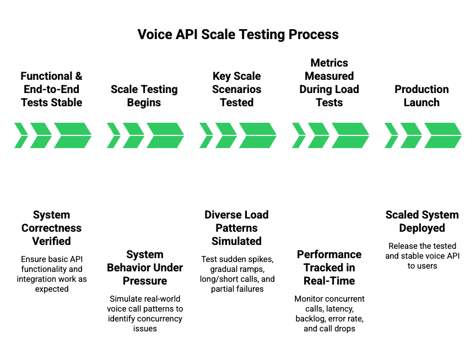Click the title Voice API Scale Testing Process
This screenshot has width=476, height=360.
point(238,34)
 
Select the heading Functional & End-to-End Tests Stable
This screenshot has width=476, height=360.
point(51,89)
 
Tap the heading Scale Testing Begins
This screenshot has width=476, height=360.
point(144,96)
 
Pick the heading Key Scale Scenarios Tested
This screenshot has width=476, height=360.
point(237,89)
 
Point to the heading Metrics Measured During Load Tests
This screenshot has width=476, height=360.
point(329,83)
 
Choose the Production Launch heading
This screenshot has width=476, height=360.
point(421,96)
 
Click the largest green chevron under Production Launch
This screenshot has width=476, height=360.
point(443,135)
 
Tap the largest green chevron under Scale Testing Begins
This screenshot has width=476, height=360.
point(165,135)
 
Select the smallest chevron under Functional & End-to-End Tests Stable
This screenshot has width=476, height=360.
point(21,135)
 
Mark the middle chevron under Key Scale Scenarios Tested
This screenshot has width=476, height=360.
point(226,135)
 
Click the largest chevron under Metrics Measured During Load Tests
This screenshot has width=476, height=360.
point(350,135)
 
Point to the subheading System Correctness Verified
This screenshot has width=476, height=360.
point(52,228)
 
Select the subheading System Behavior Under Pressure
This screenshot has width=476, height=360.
point(145,268)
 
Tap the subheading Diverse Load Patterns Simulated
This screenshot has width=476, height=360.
point(237,228)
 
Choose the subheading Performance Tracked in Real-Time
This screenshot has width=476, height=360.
point(329,268)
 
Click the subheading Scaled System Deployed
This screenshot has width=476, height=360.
point(422,221)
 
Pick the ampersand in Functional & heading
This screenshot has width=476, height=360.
point(79,76)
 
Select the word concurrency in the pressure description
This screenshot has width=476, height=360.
point(163,319)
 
